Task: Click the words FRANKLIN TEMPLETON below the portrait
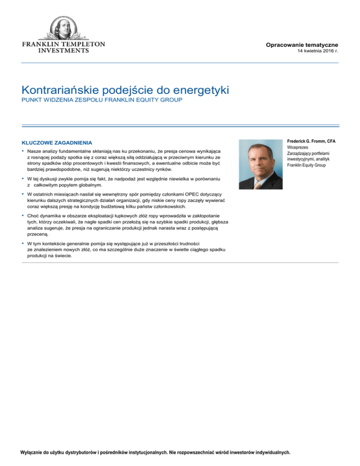pos(64,44)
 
